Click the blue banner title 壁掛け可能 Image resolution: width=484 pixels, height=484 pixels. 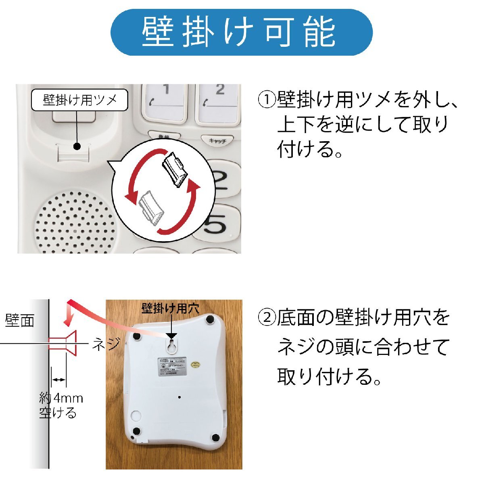click(x=241, y=32)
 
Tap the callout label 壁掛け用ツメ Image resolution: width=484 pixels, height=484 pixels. click(x=79, y=100)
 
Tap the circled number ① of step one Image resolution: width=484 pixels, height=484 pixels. click(x=266, y=100)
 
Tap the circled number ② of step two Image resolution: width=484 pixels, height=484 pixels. click(x=266, y=318)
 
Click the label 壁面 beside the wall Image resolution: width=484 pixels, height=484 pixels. click(x=19, y=321)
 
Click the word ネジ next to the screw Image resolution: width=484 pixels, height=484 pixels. click(x=106, y=344)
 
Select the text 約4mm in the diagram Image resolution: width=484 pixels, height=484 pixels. click(x=61, y=398)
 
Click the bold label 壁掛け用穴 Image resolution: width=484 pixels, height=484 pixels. click(x=170, y=309)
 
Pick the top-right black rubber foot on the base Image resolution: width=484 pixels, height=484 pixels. click(x=210, y=319)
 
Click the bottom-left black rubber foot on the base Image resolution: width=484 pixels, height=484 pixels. click(x=136, y=431)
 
